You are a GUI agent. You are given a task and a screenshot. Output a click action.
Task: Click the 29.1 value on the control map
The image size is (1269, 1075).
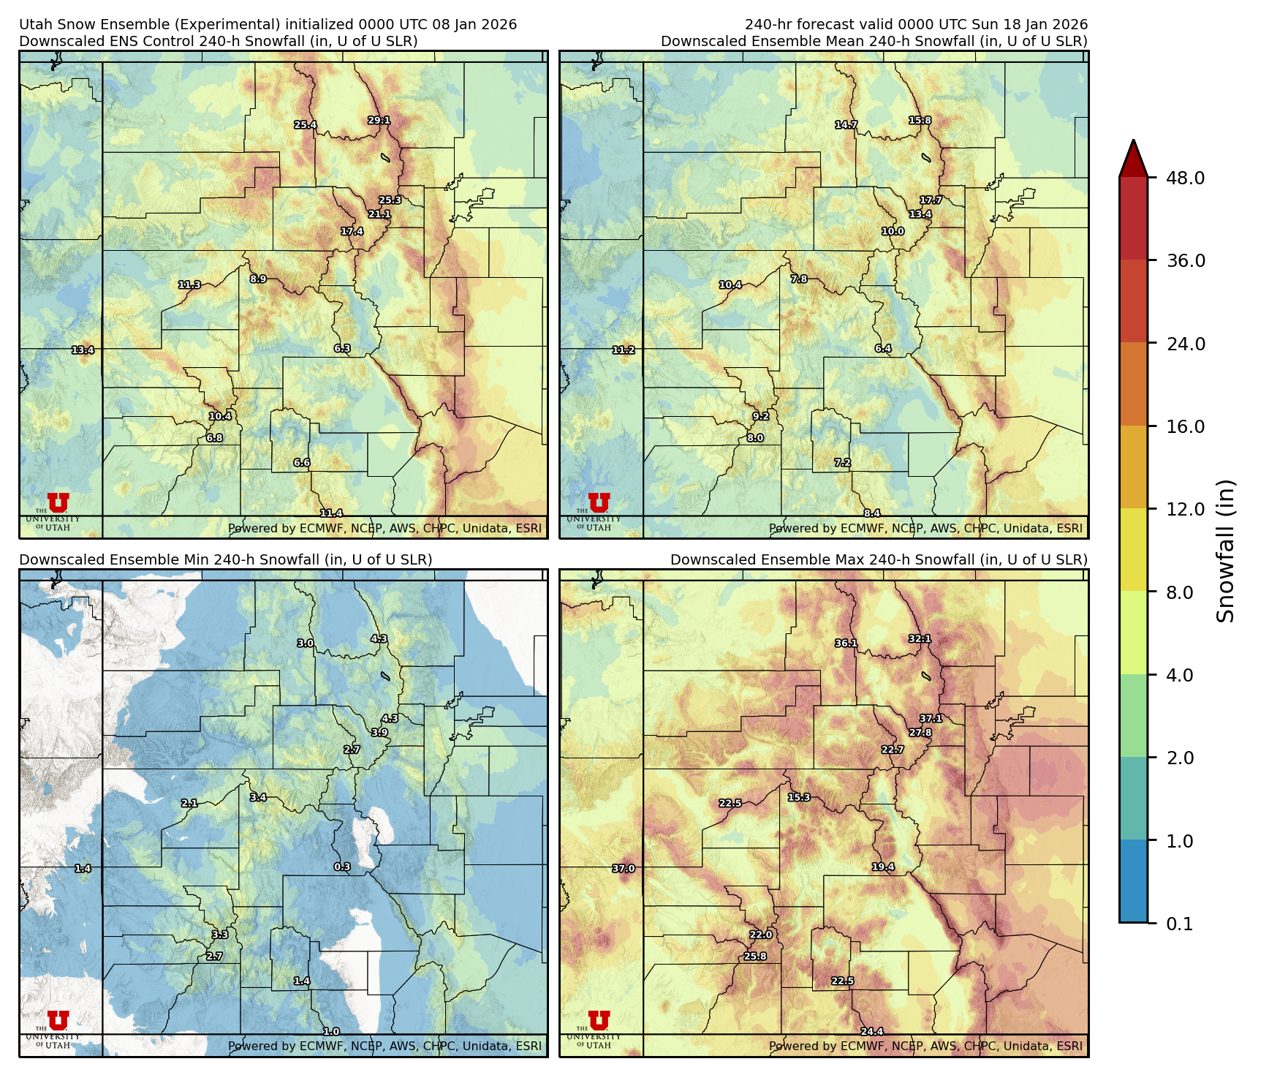pyautogui.click(x=379, y=121)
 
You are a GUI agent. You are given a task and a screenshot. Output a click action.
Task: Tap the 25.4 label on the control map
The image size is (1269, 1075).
pyautogui.click(x=306, y=125)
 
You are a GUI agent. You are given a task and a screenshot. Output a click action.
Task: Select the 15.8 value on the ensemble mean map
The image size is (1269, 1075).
pyautogui.click(x=920, y=121)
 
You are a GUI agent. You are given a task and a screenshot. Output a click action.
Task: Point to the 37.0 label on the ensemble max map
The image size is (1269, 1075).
pyautogui.click(x=624, y=869)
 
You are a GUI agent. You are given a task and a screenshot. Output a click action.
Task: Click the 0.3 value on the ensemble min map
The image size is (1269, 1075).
pyautogui.click(x=342, y=867)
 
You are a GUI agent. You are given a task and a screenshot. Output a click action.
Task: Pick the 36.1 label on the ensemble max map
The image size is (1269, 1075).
pyautogui.click(x=846, y=644)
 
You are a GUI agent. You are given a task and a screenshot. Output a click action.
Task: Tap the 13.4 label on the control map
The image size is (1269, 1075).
pyautogui.click(x=83, y=350)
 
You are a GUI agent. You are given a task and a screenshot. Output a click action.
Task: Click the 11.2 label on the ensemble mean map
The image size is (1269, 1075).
pyautogui.click(x=624, y=350)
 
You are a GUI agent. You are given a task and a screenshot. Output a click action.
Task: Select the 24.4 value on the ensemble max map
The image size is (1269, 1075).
pyautogui.click(x=871, y=1032)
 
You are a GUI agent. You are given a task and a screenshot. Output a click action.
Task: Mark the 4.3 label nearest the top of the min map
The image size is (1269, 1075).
pyautogui.click(x=379, y=639)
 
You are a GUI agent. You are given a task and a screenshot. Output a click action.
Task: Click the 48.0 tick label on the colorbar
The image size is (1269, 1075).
pyautogui.click(x=1185, y=178)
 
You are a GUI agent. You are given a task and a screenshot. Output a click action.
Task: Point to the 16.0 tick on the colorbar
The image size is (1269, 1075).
pyautogui.click(x=1185, y=427)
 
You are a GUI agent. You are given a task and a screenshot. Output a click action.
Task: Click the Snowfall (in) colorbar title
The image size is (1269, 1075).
pyautogui.click(x=1225, y=551)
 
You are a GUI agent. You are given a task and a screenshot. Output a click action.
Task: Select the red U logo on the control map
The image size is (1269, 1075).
pyautogui.click(x=58, y=503)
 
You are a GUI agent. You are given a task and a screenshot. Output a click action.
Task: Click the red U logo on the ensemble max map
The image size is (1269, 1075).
pyautogui.click(x=599, y=1021)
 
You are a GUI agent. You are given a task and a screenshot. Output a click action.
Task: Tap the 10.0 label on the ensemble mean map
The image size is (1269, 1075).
pyautogui.click(x=893, y=232)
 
